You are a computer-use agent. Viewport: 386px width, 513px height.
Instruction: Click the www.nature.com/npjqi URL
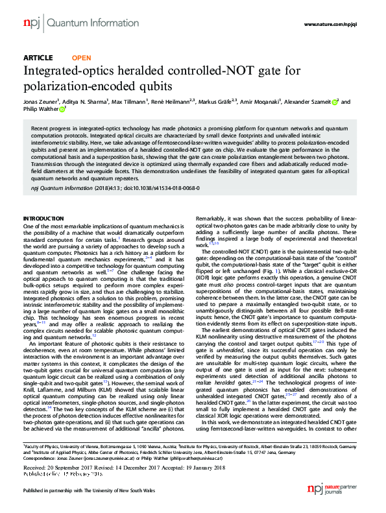point(333,23)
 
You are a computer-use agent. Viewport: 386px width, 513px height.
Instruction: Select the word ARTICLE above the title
point(38,56)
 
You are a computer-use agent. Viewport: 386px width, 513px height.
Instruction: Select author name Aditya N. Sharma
point(87,102)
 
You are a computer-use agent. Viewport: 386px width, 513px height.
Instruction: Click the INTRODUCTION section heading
point(43,217)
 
